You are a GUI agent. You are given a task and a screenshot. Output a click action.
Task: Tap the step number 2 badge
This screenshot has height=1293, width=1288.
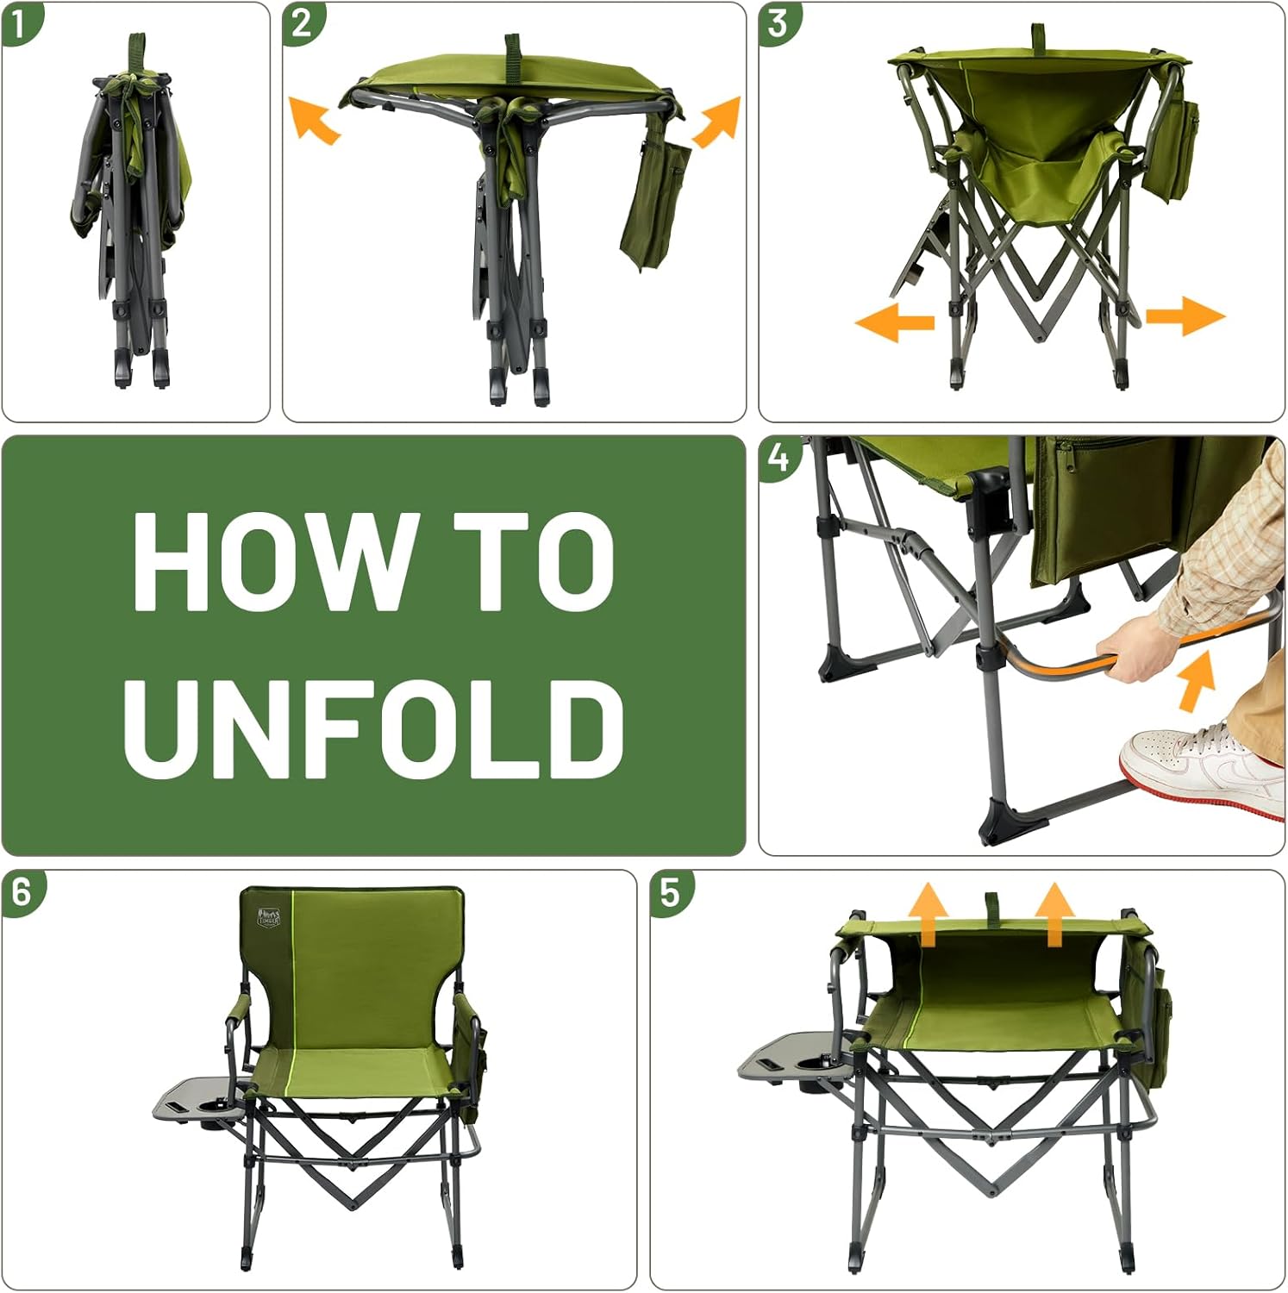point(302,22)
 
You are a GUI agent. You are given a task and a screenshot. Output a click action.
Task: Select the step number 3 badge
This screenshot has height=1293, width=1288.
point(778,22)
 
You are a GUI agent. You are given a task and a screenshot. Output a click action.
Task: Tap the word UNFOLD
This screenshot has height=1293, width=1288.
point(374,728)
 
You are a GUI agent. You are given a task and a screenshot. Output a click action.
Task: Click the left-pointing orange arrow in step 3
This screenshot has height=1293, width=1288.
point(895,322)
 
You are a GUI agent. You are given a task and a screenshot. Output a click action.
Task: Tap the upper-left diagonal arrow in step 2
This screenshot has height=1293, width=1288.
point(313,120)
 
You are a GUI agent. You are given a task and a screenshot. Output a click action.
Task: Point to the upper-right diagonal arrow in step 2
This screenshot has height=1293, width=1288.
point(717,121)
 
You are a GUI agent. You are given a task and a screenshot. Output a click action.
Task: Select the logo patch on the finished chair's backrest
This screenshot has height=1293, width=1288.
point(268,917)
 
